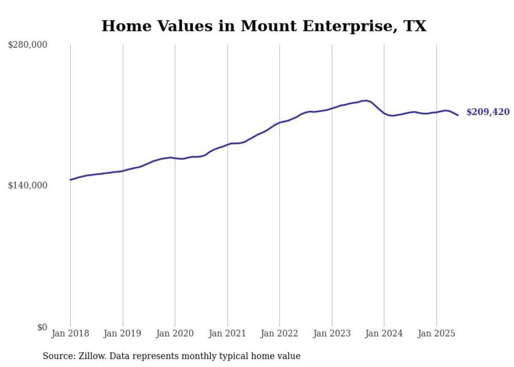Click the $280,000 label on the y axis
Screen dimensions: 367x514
[27, 45]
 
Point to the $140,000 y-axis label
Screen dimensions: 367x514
[27, 185]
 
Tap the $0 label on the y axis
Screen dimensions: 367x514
[42, 327]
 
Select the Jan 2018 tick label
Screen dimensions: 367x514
[70, 333]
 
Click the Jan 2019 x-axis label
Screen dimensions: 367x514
[123, 333]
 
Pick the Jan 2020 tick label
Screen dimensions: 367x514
[175, 333]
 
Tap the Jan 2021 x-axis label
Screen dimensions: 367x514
[227, 333]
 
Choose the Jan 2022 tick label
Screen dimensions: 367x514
[280, 333]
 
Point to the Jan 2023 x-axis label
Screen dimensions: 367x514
[332, 333]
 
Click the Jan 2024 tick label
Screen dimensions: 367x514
[384, 333]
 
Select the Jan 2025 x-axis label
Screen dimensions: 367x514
[436, 333]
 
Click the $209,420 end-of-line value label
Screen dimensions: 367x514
[488, 112]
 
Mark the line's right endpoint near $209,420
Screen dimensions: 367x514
[458, 115]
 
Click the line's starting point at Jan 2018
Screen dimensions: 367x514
[70, 180]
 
